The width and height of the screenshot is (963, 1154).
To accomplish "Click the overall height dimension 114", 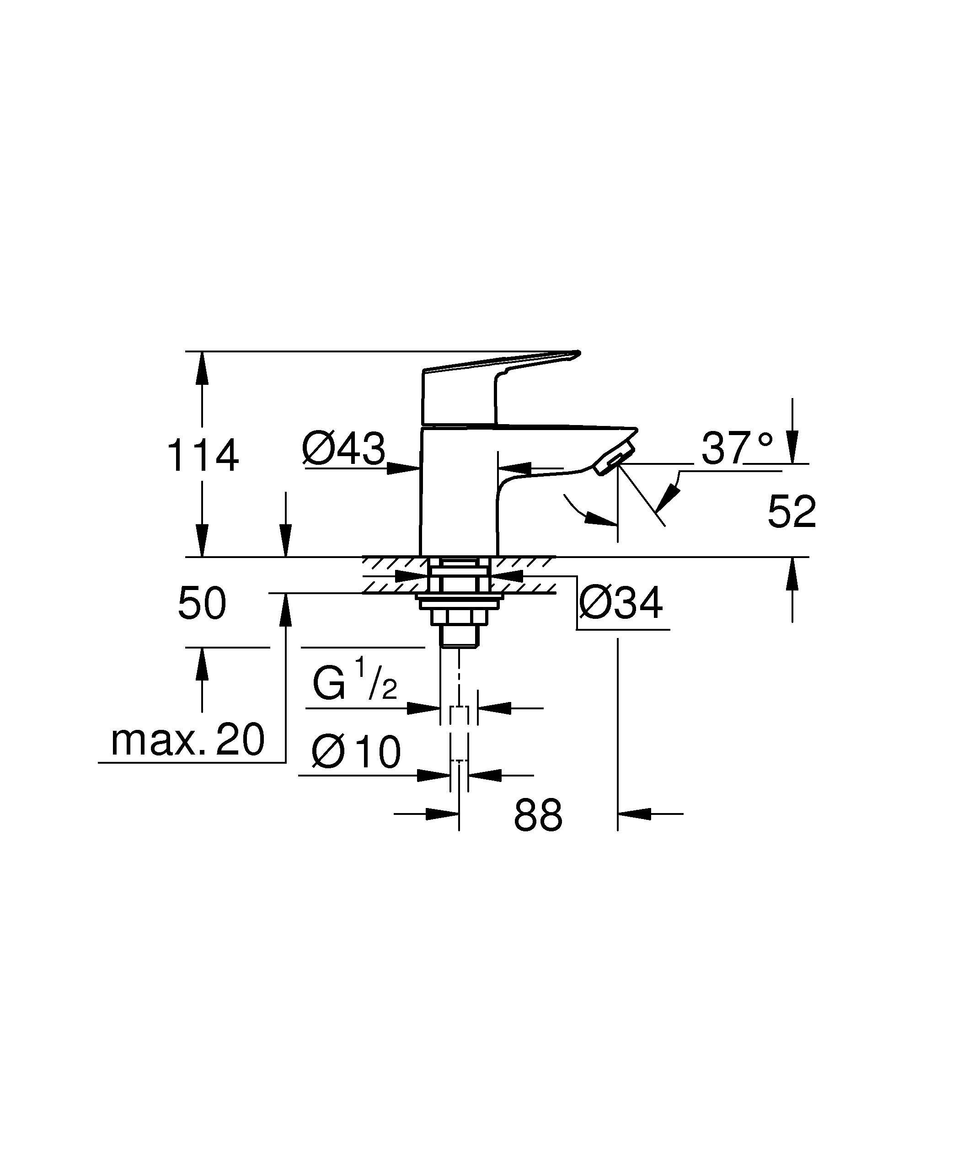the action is pos(202,455).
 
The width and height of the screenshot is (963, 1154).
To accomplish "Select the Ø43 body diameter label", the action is pos(343,448).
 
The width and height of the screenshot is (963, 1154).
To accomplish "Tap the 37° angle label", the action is pos(737,448).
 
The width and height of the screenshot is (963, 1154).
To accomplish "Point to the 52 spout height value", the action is pos(792,511).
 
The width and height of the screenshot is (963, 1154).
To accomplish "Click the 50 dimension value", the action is pos(202,603).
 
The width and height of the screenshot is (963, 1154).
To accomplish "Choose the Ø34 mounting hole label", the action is pos(621,603).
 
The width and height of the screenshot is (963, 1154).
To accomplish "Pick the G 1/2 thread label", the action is pos(354,681).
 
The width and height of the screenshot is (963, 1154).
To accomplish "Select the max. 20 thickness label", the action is pos(188,740).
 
